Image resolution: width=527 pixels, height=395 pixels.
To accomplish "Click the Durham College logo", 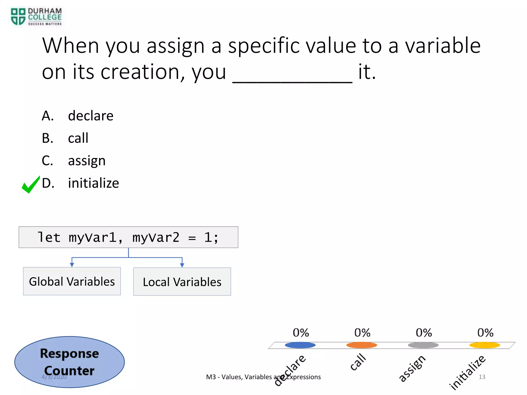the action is (36, 17).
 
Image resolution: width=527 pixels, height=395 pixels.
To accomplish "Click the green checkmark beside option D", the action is (31, 185).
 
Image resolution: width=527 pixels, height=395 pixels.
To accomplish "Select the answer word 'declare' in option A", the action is (91, 116).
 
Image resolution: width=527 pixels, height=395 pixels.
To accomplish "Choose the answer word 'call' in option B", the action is (78, 138).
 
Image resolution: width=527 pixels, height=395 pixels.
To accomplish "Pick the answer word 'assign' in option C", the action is (87, 161).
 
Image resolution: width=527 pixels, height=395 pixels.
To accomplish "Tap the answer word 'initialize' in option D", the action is (93, 183).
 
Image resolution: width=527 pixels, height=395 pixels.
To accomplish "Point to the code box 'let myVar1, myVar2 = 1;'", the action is (128, 237).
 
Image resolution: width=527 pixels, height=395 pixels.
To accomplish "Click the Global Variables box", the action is (72, 281).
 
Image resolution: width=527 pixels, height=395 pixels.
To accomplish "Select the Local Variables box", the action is (182, 282).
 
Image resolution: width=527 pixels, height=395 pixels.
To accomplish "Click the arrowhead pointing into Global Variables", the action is (72, 265).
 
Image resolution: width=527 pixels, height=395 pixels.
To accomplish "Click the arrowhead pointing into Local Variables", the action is (182, 265).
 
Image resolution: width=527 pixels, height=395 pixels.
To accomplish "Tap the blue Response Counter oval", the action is (69, 362).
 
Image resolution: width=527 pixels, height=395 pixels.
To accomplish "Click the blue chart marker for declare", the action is (300, 345).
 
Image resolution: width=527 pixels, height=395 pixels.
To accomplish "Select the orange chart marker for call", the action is (362, 345).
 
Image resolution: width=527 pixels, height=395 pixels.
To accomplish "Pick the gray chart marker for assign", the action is (423, 345).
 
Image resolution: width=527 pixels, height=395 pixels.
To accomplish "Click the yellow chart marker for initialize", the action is (485, 345).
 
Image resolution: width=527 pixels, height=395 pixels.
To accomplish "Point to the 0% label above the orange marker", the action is (362, 333).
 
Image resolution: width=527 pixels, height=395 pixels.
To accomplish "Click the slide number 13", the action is (482, 377).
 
